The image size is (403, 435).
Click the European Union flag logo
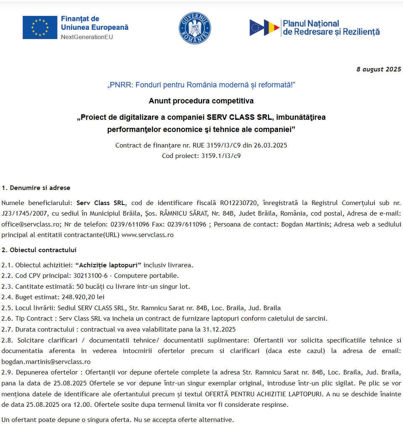40,27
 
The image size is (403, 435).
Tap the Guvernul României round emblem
194,28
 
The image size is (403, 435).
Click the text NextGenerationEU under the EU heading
87,37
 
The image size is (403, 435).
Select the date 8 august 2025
379,69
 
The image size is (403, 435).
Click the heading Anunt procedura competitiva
201,101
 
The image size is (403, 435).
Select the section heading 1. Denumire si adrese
36,187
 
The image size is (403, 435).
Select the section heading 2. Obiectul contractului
39,250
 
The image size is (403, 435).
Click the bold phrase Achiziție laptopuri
108,265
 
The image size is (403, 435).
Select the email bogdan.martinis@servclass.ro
46,361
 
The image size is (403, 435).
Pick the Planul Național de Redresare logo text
331,28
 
